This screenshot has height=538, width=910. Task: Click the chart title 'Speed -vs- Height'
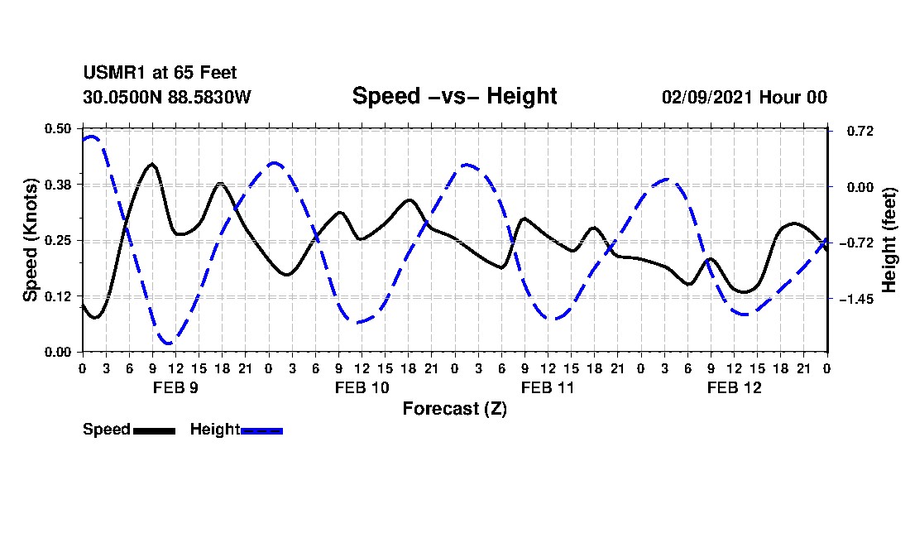click(x=454, y=96)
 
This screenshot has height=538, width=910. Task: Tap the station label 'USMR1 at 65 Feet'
click(x=160, y=74)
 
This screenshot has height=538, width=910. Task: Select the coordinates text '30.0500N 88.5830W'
click(x=166, y=97)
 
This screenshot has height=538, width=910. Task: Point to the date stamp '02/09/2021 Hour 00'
click(x=744, y=97)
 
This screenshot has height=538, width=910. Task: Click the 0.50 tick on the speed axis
click(x=58, y=128)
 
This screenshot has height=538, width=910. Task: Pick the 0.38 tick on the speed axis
click(x=58, y=185)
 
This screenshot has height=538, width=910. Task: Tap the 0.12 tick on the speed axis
click(x=58, y=296)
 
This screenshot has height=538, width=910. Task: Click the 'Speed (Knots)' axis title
click(x=31, y=240)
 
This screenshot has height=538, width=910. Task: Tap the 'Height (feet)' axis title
click(x=890, y=240)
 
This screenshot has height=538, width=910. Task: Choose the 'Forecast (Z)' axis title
click(x=454, y=408)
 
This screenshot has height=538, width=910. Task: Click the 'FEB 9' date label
click(x=175, y=387)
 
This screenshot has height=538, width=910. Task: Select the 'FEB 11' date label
click(x=548, y=387)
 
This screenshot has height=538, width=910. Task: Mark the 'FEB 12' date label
click(x=734, y=387)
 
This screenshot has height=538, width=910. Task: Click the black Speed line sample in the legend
click(x=154, y=430)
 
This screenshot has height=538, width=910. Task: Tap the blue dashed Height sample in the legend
click(x=261, y=430)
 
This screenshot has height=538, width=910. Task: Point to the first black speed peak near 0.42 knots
click(x=151, y=165)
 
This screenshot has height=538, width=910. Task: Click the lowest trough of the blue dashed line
click(x=168, y=343)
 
